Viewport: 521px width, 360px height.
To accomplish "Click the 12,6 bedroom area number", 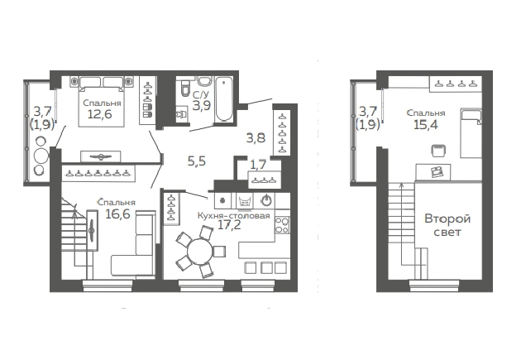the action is coord(100,114).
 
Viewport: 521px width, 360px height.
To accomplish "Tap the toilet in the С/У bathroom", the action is coord(184,87).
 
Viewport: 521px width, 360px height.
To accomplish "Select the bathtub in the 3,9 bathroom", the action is coord(223,99).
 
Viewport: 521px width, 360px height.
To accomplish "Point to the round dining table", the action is coord(199,252).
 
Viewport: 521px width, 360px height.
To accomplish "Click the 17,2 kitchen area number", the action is coord(229,225).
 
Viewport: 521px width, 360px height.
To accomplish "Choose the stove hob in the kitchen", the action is coord(282,225).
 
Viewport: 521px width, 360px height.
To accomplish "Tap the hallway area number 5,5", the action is coord(197,161).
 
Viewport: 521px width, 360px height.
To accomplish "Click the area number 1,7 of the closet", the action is coord(258,165).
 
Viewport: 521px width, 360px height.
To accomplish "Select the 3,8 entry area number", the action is coord(256,137).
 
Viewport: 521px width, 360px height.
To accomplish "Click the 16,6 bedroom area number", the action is coord(117,214).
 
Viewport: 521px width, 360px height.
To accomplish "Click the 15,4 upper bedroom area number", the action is coord(426,125).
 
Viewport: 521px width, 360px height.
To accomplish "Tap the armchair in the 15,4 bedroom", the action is coord(438,151).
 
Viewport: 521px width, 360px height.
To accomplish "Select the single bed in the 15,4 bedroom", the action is coord(471,133).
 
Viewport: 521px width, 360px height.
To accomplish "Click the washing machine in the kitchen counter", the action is coord(244,201).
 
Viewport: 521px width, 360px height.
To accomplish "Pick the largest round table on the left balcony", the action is coord(41,156).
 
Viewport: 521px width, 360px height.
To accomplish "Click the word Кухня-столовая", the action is coord(233,216).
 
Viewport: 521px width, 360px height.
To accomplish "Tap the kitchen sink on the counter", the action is coord(266,200).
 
